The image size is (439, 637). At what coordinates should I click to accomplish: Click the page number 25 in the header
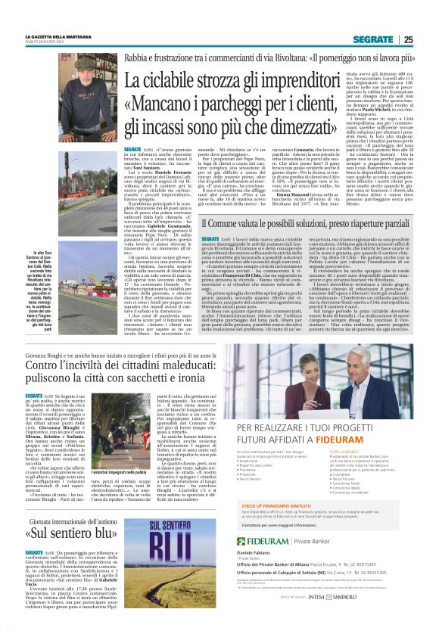pyautogui.click(x=408, y=39)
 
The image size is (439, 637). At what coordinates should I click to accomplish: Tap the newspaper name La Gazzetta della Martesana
pyautogui.click(x=53, y=36)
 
